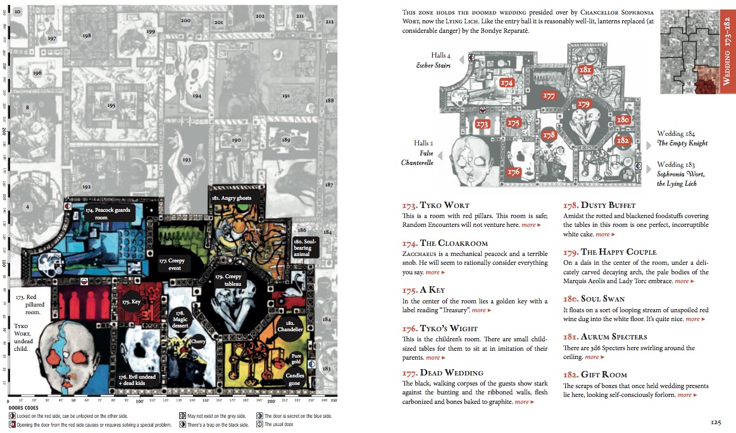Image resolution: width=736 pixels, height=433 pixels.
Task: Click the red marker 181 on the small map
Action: point(585,70)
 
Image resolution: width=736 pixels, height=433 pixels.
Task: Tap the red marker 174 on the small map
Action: point(506,82)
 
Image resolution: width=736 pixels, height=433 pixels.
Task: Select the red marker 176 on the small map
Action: point(514,171)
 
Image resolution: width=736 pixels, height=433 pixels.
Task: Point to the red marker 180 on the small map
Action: point(623,119)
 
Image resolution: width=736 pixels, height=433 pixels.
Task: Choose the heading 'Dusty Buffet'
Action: point(599,205)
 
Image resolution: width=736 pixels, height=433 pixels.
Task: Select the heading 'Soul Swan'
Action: point(594,299)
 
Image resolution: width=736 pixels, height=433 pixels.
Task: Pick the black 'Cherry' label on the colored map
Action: point(199,341)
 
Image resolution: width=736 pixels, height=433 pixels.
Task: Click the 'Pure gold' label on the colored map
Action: point(296,358)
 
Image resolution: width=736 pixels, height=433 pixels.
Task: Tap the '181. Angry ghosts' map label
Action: point(231,198)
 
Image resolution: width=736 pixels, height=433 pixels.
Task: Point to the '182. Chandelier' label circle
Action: point(290,326)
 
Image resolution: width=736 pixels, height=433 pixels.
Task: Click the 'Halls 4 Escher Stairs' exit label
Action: point(433,60)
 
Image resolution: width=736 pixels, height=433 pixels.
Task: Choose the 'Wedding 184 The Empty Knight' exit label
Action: point(682,138)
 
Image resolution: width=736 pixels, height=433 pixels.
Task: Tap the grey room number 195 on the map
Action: point(111,106)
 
